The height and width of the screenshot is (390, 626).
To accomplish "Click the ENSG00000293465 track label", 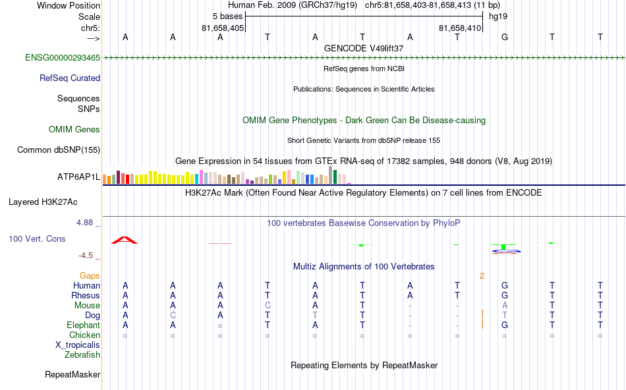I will point(63,58).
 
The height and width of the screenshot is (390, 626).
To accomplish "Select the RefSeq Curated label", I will point(70,78).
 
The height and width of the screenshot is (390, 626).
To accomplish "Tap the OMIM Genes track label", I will point(74,130).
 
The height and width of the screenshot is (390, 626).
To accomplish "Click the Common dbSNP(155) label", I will point(59,150).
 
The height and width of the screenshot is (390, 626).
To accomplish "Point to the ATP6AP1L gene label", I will point(78,177).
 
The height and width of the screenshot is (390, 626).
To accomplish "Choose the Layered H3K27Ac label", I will point(54,202).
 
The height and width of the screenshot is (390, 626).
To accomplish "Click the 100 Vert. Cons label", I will point(38,238).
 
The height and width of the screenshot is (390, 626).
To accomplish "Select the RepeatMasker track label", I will point(72,375).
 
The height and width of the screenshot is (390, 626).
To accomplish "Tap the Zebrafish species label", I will point(82,355).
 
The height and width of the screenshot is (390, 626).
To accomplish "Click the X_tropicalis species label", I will point(78,345).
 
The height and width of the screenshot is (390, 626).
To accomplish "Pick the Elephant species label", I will point(83,325).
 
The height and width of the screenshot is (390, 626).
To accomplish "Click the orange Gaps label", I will point(90,275).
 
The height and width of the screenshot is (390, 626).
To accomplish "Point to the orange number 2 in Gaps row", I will point(482,275).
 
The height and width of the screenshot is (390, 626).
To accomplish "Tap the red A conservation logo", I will point(125,240).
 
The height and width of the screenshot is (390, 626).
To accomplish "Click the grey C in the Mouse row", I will point(268,306).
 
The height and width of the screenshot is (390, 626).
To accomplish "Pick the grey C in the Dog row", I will point(173,316).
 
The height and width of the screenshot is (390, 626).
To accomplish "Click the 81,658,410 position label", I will point(460,28).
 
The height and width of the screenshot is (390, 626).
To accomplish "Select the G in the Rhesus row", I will point(505,296).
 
